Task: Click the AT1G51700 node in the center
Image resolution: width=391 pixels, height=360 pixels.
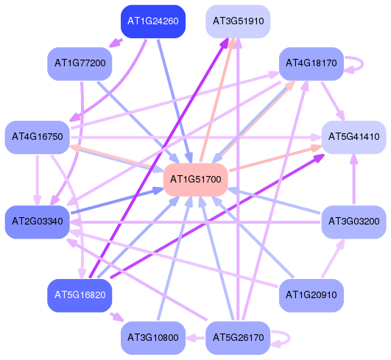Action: [196, 180]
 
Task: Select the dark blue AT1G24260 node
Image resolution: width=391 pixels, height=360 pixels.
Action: [153, 21]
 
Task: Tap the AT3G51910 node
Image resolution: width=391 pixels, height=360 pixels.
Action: [238, 21]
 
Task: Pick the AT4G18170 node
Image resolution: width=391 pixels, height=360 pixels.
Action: [311, 63]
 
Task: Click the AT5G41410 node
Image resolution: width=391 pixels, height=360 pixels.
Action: [354, 137]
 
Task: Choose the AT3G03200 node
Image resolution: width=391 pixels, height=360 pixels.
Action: [354, 222]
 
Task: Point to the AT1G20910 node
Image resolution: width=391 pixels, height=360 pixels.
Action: [311, 295]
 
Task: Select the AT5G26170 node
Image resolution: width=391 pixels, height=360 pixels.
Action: [238, 338]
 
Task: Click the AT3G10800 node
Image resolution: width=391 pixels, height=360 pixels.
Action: [153, 338]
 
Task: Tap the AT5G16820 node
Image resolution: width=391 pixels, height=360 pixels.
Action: [80, 295]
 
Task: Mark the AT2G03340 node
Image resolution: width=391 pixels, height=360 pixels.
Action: [37, 222]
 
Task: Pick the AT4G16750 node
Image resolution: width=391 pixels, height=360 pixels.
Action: [37, 137]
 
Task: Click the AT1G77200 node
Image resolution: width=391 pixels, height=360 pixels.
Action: [80, 63]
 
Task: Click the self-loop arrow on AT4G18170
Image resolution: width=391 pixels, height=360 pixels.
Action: [362, 64]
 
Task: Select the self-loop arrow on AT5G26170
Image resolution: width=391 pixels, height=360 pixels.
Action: [289, 339]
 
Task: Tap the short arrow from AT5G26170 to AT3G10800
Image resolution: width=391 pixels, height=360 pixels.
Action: [195, 338]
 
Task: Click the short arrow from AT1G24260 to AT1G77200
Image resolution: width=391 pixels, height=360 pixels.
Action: [116, 43]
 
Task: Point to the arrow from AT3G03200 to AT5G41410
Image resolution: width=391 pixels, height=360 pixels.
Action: [354, 180]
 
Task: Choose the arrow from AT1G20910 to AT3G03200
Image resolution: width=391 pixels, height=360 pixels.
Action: [333, 258]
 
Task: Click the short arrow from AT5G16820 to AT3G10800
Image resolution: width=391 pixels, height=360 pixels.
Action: [116, 317]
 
